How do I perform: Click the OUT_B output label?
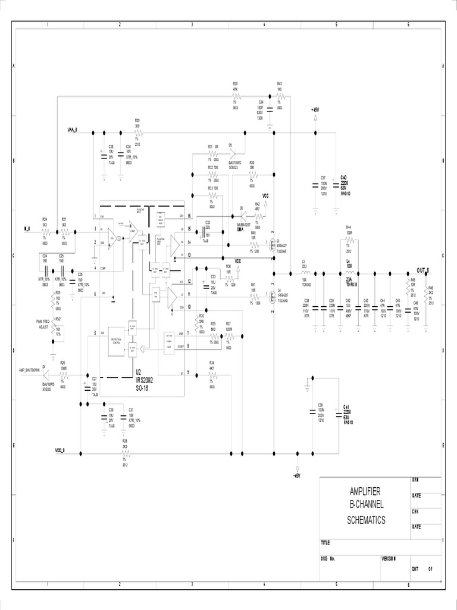pos(424,270)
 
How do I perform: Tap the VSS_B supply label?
pos(60,450)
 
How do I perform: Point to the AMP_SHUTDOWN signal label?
pos(30,370)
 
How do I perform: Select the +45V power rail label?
pos(315,110)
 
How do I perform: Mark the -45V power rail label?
pos(297,475)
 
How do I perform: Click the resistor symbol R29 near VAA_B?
pos(137,132)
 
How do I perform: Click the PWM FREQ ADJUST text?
pos(43,324)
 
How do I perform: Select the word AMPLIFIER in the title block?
pos(365,491)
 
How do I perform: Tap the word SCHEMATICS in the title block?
pos(366,520)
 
